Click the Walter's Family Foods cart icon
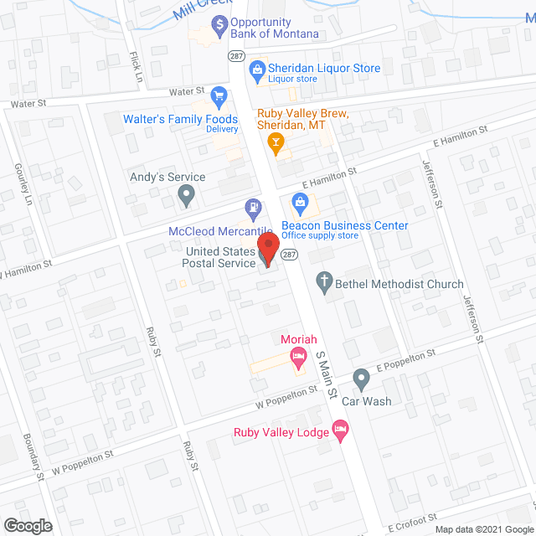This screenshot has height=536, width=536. click(219, 96)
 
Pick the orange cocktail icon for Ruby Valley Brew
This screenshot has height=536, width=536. click(275, 143)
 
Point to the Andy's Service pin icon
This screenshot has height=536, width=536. click(187, 197)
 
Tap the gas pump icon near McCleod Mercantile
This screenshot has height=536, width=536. click(251, 206)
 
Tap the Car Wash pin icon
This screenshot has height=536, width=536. click(361, 379)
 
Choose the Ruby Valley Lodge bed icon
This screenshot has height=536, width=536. click(340, 431)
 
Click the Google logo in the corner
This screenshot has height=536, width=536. click(27, 525)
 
